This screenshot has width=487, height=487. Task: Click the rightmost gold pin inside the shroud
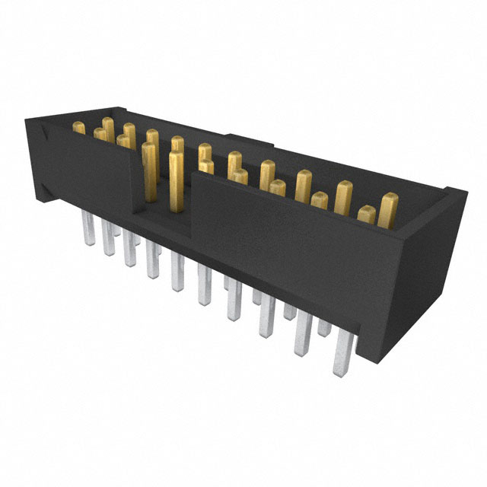click(x=389, y=209)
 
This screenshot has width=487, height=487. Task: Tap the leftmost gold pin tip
click(x=79, y=129)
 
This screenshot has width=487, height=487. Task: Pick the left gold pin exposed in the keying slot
click(x=149, y=171)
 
